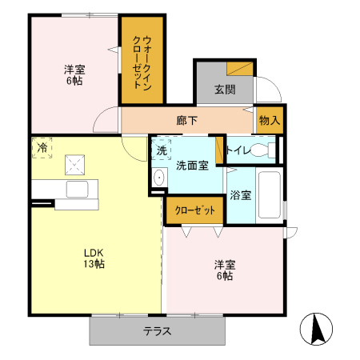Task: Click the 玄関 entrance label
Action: pos(225,89)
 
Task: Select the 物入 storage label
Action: pos(270,120)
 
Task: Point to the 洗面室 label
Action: pos(193,166)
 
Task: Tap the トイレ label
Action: pos(239,150)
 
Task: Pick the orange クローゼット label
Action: pos(194,210)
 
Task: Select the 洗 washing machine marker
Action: pos(161,150)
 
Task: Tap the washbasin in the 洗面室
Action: pos(158,178)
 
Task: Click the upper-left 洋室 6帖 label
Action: pos(75,74)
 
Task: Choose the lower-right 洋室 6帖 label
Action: pos(223,270)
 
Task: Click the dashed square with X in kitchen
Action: pos(76,165)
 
